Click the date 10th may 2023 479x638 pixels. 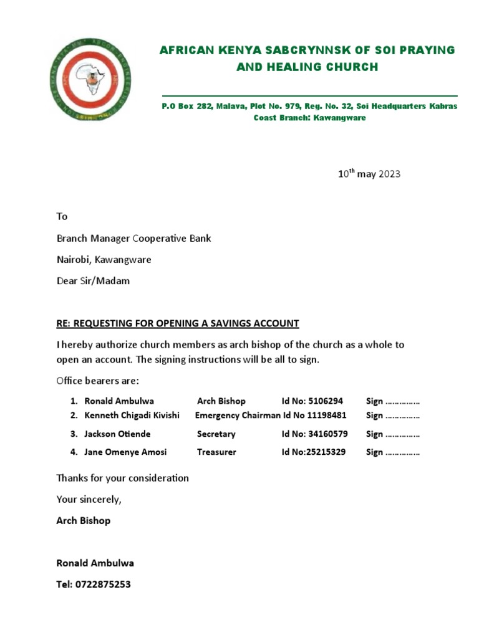pyautogui.click(x=369, y=174)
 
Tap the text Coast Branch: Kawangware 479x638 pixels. pyautogui.click(x=309, y=118)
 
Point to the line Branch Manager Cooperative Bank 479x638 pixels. pyautogui.click(x=133, y=238)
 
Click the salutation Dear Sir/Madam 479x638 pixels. pyautogui.click(x=93, y=280)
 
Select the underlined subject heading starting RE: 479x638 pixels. pyautogui.click(x=178, y=323)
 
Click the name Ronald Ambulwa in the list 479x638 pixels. pyautogui.click(x=119, y=401)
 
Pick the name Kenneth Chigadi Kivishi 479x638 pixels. pyautogui.click(x=132, y=416)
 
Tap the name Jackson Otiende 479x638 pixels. pyautogui.click(x=117, y=434)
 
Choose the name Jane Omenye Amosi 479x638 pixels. pyautogui.click(x=125, y=452)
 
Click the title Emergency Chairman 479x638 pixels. pyautogui.click(x=238, y=416)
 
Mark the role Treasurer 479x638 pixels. pyautogui.click(x=216, y=452)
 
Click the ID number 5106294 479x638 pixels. pyautogui.click(x=321, y=401)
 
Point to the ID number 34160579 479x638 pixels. pyautogui.click(x=326, y=434)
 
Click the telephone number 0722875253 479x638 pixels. pyautogui.click(x=103, y=584)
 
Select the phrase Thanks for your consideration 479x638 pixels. pyautogui.click(x=122, y=478)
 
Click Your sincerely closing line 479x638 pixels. pyautogui.click(x=89, y=499)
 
